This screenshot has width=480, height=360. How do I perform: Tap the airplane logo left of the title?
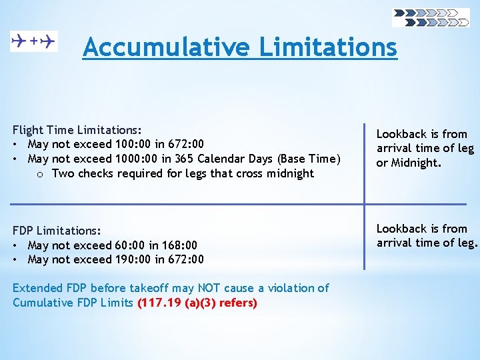[34, 41]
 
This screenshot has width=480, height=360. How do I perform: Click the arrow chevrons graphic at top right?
[431, 17]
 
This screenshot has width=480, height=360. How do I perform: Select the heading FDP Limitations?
[57, 231]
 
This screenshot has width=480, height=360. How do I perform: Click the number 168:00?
[179, 245]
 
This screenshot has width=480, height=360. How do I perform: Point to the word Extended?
[37, 288]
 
